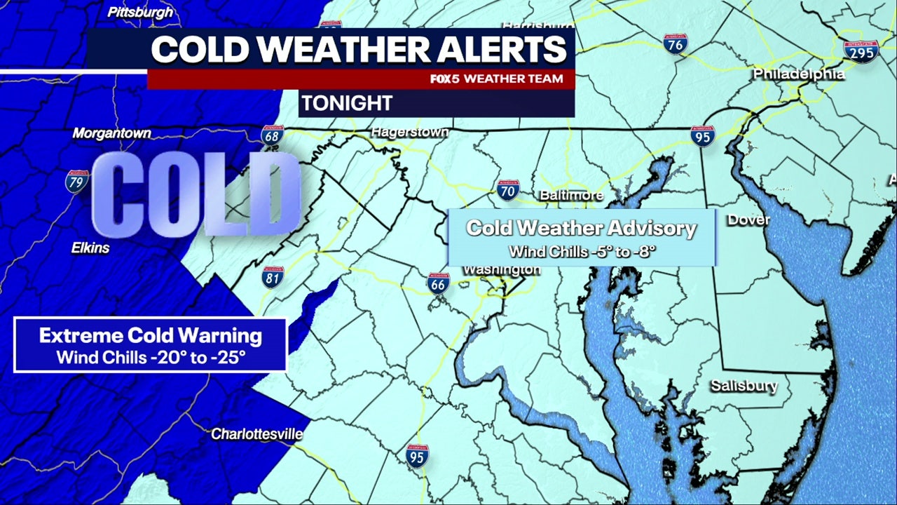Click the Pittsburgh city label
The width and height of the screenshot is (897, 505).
pos(140,12)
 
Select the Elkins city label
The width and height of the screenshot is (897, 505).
pos(90,248)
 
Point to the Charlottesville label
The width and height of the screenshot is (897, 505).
pos(257,434)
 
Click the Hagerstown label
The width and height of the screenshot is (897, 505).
pos(410,132)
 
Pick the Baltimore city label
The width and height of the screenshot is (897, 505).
pos(571,195)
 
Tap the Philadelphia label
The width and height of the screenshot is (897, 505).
pos(799,74)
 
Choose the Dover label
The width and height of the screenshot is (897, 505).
pos(748,220)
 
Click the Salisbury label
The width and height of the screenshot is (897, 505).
pos(744,385)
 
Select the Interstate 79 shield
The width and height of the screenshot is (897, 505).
pos(77,181)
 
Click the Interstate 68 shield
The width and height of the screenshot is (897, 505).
pos(272,135)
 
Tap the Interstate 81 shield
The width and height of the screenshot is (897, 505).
pos(273,277)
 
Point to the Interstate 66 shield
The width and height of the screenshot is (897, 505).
pos(438,283)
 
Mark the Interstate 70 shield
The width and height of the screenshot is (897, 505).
pos(508,189)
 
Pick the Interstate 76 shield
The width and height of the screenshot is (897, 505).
pos(676,43)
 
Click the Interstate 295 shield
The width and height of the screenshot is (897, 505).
pos(861,51)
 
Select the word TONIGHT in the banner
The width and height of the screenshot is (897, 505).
pos(347,103)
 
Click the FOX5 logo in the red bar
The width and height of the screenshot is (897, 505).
pos(445,79)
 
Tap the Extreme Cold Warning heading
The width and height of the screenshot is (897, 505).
pos(151,335)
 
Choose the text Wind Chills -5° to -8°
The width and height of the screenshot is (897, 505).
pos(582,250)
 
